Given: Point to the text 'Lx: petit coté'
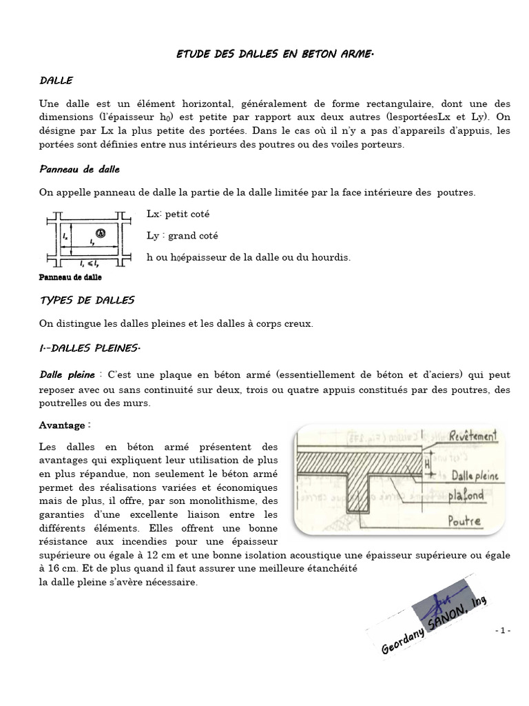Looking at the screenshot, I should click(178, 214).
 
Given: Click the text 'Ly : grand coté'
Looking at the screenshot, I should click(183, 235).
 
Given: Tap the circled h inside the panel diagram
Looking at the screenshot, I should click(101, 233).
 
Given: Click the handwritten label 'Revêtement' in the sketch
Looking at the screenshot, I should click(453, 437).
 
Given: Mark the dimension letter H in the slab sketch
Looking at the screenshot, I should click(428, 465).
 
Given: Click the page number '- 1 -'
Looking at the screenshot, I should click(502, 631).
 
